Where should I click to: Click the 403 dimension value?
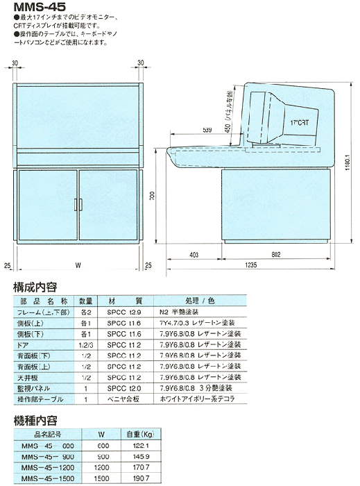point(194,254)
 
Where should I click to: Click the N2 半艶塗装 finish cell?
point(182,312)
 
